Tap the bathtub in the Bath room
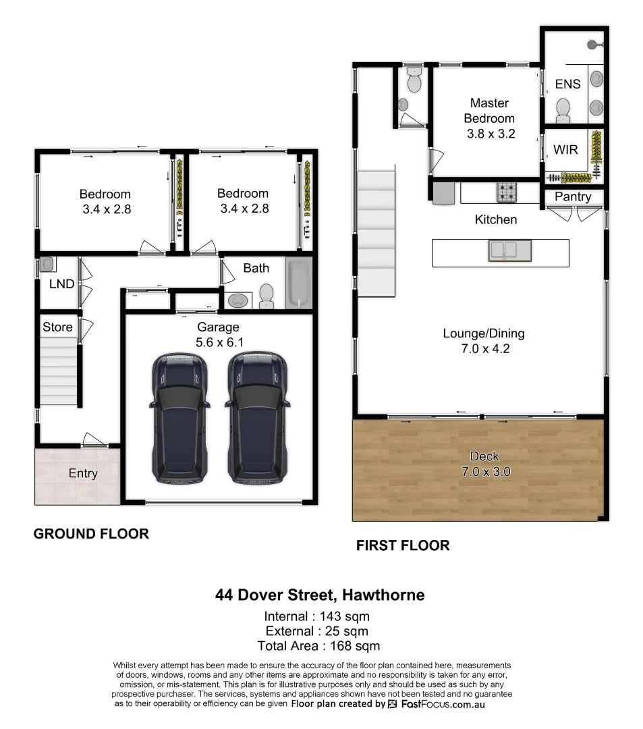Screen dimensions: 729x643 (299, 283)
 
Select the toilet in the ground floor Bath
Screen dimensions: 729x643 (267, 296)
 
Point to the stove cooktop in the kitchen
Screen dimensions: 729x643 (507, 193)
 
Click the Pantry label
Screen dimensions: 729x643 (573, 196)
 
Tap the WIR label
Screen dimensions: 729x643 (565, 149)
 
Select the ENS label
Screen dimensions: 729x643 (567, 84)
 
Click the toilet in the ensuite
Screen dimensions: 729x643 (563, 108)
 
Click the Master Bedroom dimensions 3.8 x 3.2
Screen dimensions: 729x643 (491, 134)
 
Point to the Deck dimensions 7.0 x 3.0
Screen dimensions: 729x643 (484, 472)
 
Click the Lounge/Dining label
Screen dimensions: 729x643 (483, 333)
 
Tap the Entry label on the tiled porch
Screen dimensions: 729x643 (83, 473)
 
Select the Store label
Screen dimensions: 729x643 (57, 327)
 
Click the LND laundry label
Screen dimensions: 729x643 (61, 284)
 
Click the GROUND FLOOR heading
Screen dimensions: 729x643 (91, 534)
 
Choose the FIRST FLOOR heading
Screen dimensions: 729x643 (403, 545)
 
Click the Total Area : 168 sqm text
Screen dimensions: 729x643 (317, 646)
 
